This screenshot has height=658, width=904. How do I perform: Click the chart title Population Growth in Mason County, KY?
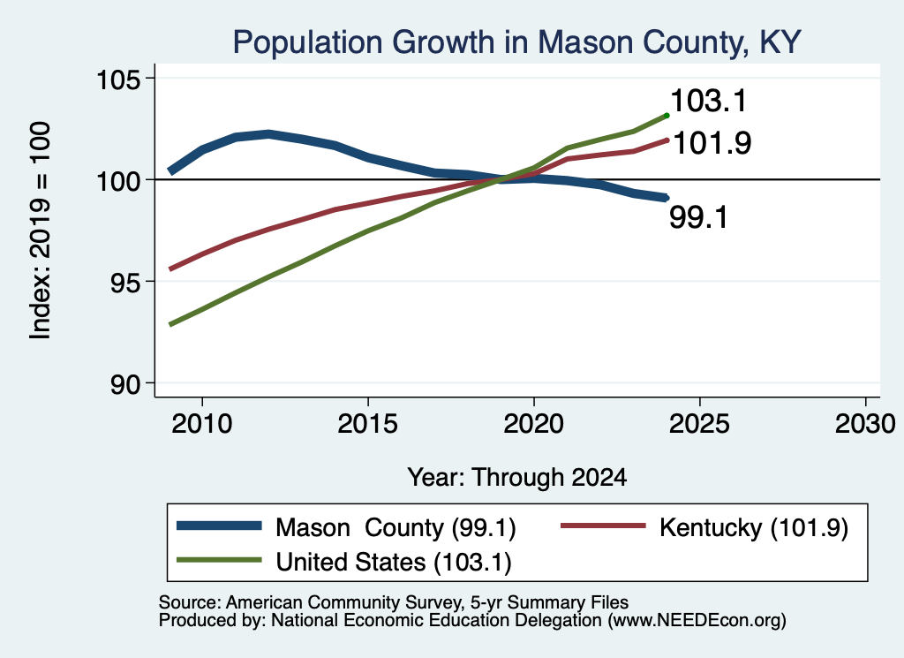click(517, 42)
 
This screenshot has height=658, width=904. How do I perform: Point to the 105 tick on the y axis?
click(119, 79)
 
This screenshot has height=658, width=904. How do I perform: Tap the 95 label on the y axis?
click(125, 282)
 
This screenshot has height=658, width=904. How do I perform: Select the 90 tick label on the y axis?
click(125, 384)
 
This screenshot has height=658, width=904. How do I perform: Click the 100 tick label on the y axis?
click(119, 180)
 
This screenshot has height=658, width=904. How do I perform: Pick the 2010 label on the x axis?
click(202, 425)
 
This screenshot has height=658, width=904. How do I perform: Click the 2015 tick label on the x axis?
click(368, 425)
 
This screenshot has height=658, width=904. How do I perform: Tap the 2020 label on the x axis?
click(534, 425)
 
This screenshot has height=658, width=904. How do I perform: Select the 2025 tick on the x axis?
click(699, 425)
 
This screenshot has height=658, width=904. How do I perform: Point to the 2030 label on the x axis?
click(865, 425)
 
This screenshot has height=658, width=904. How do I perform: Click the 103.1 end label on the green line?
click(709, 101)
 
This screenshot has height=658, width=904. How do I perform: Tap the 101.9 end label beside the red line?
click(712, 143)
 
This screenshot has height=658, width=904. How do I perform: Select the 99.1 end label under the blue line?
click(699, 218)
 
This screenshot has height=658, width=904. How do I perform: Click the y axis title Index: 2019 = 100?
click(41, 231)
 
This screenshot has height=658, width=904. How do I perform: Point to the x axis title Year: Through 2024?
click(517, 478)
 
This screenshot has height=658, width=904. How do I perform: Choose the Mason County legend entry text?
click(395, 527)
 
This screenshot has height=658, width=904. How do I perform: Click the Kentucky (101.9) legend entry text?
click(754, 527)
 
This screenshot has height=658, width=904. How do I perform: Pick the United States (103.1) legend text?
click(394, 563)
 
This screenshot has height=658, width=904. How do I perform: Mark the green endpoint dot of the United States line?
click(667, 116)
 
